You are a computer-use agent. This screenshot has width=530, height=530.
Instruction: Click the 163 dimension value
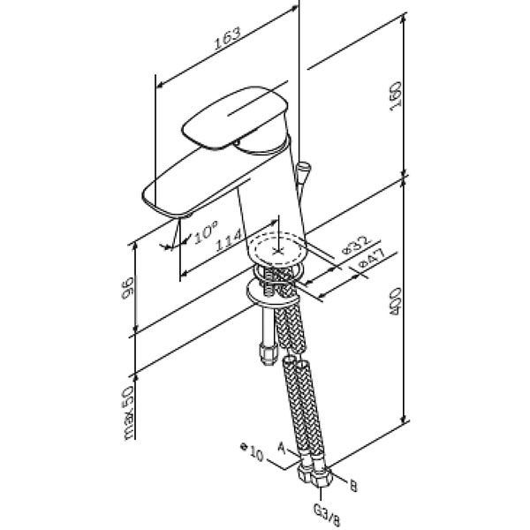[228, 38]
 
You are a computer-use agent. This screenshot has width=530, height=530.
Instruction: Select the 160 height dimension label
[395, 95]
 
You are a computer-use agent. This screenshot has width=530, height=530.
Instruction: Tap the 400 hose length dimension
[395, 301]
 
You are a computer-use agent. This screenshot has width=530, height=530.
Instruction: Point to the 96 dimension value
[127, 288]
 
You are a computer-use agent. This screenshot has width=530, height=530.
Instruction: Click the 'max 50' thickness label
[128, 413]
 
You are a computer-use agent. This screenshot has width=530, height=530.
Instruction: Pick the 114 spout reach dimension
[229, 239]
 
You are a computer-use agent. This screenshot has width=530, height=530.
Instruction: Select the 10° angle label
[206, 231]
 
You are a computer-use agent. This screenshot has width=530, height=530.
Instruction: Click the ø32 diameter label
[356, 245]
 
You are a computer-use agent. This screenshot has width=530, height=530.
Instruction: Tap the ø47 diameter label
[372, 259]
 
